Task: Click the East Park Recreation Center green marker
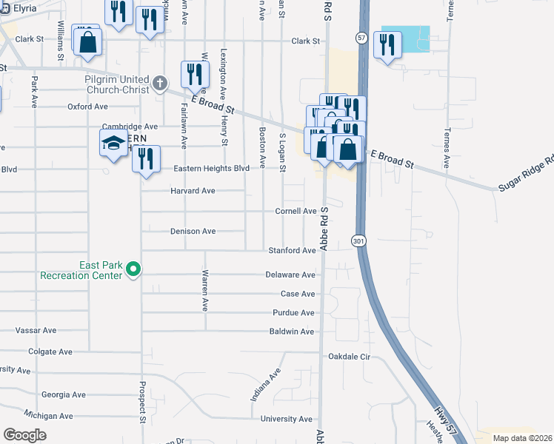(133, 269)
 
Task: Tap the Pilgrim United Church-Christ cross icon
(159, 84)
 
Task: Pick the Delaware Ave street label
(290, 275)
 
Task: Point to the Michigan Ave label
(49, 416)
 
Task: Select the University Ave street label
(287, 419)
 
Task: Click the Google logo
(24, 435)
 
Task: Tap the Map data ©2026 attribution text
(521, 438)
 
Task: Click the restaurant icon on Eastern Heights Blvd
(147, 158)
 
